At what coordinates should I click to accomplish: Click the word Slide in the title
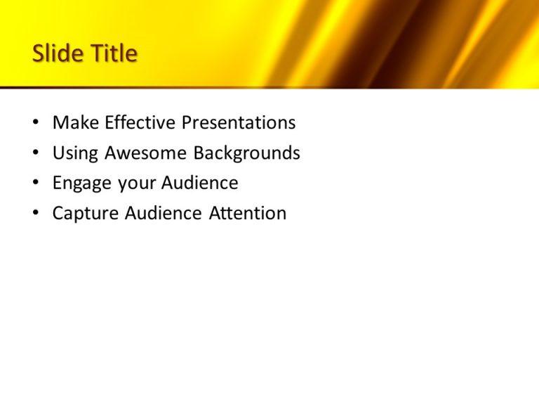point(58,53)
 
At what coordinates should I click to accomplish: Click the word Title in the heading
point(113,53)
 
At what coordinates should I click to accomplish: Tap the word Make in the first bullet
point(76,123)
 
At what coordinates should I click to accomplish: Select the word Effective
point(140,123)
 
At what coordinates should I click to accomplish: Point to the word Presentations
point(239,123)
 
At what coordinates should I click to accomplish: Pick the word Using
point(75,153)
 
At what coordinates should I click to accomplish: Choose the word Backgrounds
point(247,153)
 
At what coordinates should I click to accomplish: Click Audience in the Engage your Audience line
point(200,184)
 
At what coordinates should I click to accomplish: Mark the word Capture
point(86,214)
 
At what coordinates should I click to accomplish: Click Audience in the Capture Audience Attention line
point(164,214)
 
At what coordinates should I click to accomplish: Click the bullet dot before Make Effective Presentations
point(36,123)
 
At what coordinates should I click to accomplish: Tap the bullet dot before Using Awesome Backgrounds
point(36,153)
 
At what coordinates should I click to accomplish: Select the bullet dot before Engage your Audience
point(36,184)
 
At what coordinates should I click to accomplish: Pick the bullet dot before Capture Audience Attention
point(36,214)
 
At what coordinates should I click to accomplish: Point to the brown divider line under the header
point(211,88)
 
